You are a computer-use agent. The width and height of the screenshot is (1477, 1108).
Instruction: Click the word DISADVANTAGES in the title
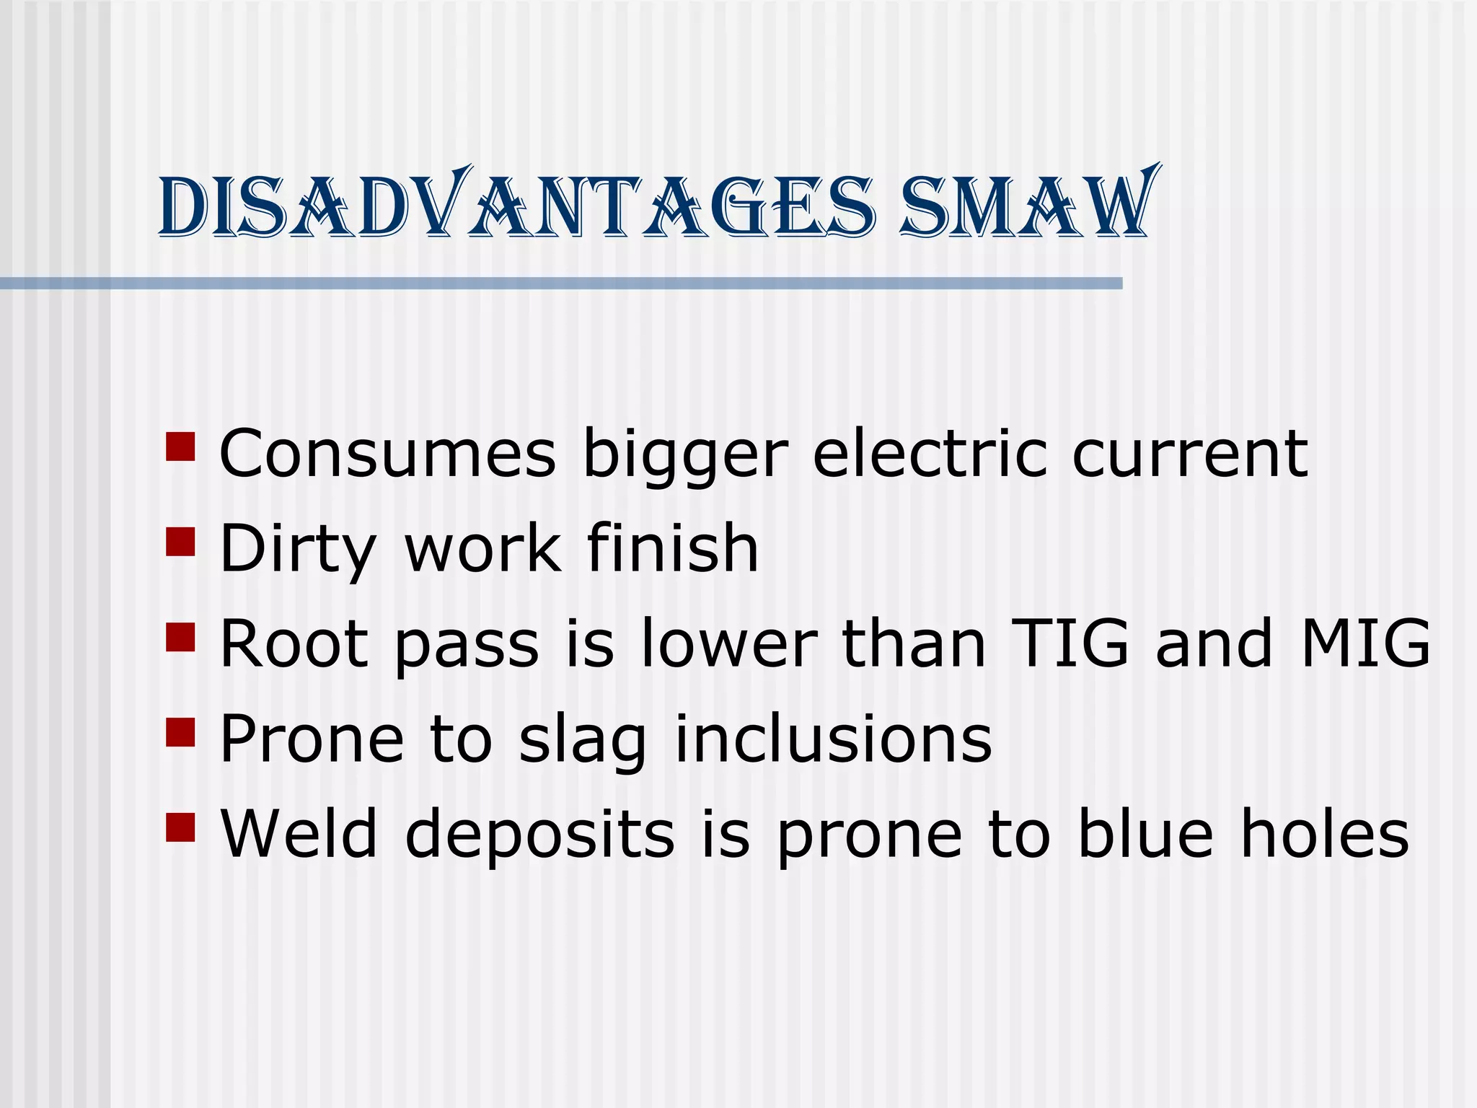click(516, 204)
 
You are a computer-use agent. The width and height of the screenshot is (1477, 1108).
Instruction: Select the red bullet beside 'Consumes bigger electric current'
click(180, 447)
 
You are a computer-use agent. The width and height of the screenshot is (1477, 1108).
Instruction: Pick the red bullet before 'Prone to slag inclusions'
click(180, 732)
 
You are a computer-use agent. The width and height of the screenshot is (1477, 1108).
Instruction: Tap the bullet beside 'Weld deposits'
click(180, 827)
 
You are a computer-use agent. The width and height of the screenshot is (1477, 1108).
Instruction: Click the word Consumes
click(387, 454)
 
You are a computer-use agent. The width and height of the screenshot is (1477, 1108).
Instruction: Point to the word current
click(1189, 454)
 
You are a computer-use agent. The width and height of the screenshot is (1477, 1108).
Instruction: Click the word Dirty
click(298, 550)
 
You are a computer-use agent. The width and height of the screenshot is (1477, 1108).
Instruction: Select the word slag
click(583, 740)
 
